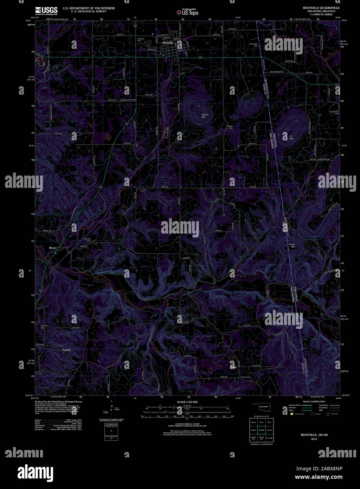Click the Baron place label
click(52, 248)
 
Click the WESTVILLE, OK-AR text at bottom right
click(310, 435)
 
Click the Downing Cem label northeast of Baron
click(87, 240)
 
